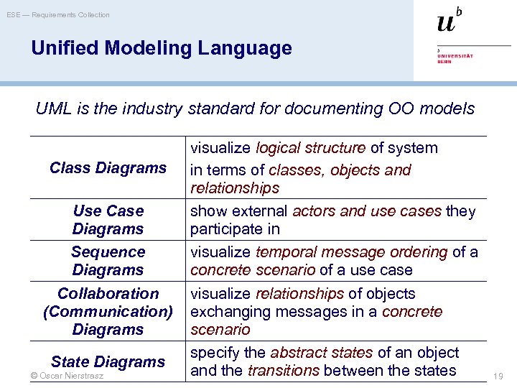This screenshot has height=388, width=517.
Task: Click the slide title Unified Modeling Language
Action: click(x=162, y=48)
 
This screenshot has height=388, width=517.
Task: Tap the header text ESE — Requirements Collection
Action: click(x=59, y=14)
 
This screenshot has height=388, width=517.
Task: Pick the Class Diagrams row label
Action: click(x=108, y=167)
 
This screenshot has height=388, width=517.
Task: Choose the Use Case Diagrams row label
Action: click(x=108, y=220)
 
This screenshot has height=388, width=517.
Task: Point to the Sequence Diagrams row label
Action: click(x=108, y=261)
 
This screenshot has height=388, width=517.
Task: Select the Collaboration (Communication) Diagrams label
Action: click(x=108, y=311)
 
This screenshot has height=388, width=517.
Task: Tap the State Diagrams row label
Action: click(x=108, y=361)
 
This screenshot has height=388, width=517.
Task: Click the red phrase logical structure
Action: click(x=310, y=148)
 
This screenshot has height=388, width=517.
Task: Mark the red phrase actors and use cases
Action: click(x=367, y=211)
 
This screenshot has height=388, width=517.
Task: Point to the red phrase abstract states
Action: click(x=321, y=353)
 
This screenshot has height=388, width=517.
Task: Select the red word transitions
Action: click(x=284, y=371)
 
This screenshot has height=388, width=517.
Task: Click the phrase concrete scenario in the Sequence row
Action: click(x=252, y=270)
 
